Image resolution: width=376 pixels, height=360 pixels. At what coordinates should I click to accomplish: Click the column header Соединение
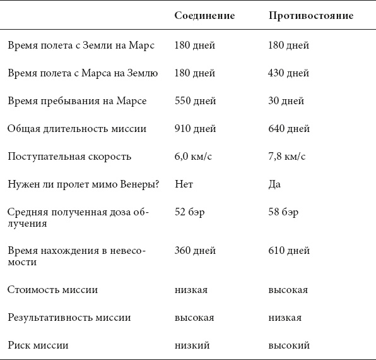pos(204,15)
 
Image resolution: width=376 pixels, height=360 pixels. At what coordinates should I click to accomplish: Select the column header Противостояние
pos(310,15)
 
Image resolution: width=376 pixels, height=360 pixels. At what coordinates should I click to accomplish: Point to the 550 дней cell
pos(196,101)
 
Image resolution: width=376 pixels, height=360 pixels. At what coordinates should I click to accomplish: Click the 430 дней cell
pos(289,73)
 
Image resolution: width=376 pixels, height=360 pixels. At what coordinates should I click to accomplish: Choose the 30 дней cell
pos(286,101)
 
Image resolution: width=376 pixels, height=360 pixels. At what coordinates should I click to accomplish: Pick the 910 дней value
pos(196,129)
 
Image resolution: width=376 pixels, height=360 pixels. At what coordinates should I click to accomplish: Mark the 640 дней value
pos(289,129)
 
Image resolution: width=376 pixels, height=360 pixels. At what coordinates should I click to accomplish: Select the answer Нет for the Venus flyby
pos(184,184)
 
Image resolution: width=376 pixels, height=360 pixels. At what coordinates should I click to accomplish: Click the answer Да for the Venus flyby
pos(274,184)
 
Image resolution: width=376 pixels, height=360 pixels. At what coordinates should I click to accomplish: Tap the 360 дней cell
pos(196,251)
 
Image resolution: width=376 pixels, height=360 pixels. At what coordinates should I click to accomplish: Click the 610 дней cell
pos(289,251)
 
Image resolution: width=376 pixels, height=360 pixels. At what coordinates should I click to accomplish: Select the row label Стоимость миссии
pos(52,290)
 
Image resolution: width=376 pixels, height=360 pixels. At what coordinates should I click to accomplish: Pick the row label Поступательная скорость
pos(69,157)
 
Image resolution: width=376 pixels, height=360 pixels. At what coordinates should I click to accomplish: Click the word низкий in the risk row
pos(192,345)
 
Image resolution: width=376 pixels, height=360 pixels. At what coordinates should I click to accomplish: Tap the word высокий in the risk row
pos(288,345)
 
